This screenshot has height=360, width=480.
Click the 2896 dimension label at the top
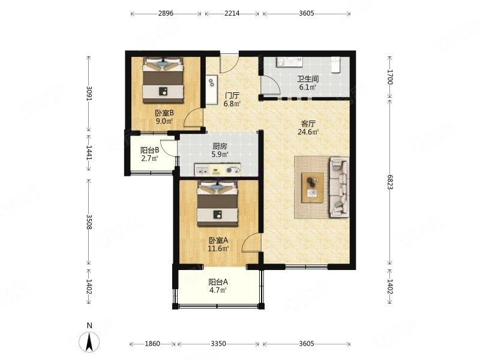(166, 13)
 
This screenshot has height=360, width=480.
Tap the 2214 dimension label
(232, 13)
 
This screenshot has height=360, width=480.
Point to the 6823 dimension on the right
(389, 182)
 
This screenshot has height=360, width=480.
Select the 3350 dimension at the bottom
(218, 344)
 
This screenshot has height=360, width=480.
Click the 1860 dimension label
(152, 344)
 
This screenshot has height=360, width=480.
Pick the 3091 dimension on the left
(89, 94)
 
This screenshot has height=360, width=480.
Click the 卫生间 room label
(308, 79)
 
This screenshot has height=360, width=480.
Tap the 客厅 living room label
(308, 124)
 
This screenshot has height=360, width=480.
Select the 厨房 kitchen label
(220, 146)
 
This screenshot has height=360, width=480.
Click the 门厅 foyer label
(232, 95)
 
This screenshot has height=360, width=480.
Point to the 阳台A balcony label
(218, 281)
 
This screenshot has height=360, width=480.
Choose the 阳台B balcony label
(149, 150)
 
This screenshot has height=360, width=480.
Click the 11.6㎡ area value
(218, 248)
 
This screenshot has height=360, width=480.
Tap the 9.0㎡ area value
(164, 121)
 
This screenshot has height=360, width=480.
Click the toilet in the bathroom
(336, 65)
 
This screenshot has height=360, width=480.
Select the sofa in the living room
(339, 187)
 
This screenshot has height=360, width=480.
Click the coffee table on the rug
(313, 187)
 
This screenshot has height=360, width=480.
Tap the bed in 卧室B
(163, 80)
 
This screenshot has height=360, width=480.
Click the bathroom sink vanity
(290, 62)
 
